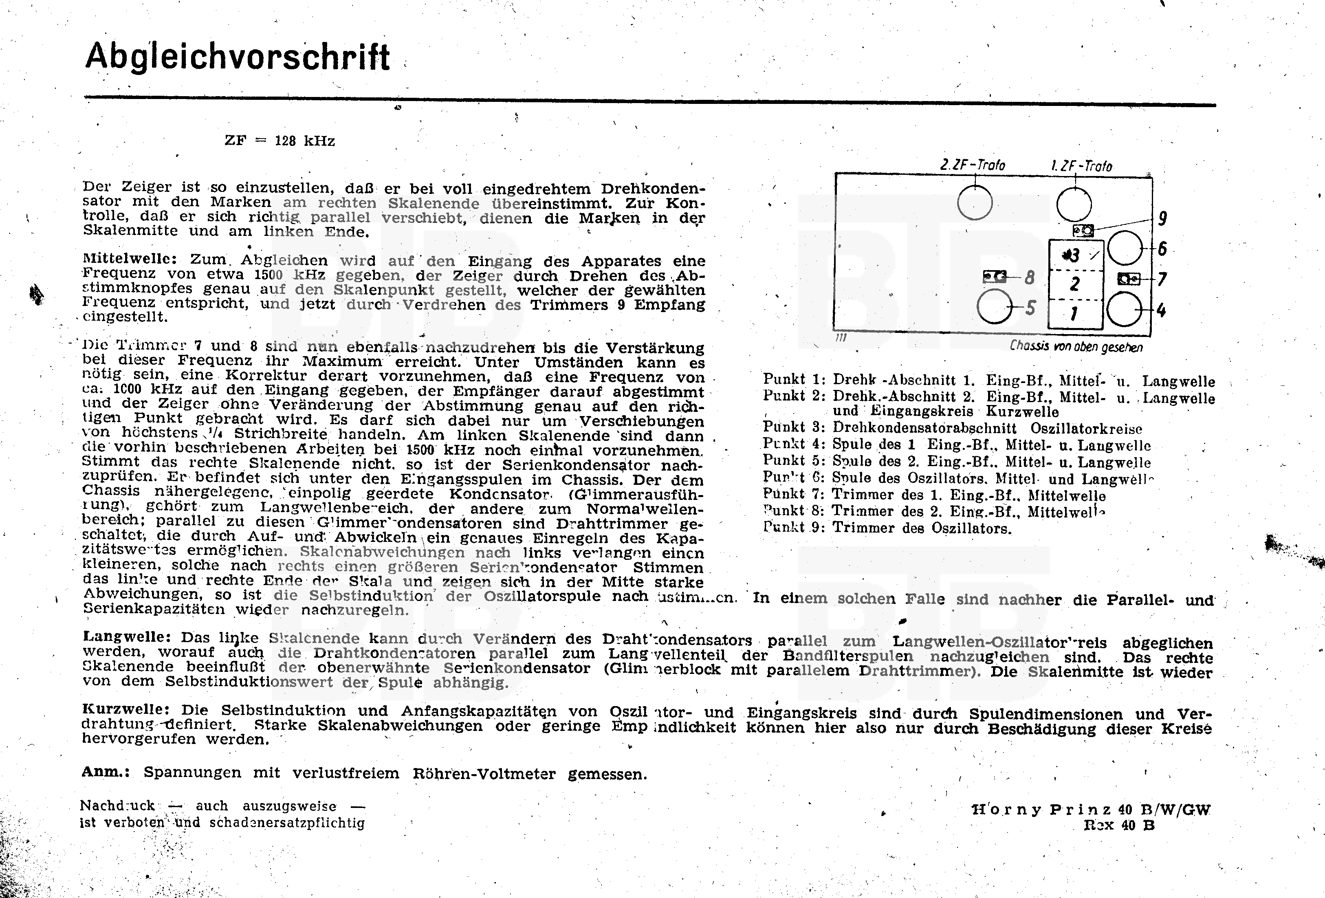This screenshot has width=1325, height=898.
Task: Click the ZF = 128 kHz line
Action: [x=280, y=141]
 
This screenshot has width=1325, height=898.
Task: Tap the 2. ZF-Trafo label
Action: [x=973, y=165]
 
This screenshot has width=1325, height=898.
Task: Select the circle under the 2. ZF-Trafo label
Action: [x=974, y=203]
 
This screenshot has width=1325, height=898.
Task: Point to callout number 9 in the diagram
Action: [x=1162, y=218]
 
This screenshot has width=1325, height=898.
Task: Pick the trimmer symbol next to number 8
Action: [x=995, y=277]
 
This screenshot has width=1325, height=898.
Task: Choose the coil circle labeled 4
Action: [x=1124, y=310]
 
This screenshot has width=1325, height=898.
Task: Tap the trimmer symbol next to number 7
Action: [x=1128, y=279]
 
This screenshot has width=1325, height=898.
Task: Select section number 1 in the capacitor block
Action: [x=1074, y=314]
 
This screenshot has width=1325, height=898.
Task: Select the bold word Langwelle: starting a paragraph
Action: [x=127, y=637]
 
